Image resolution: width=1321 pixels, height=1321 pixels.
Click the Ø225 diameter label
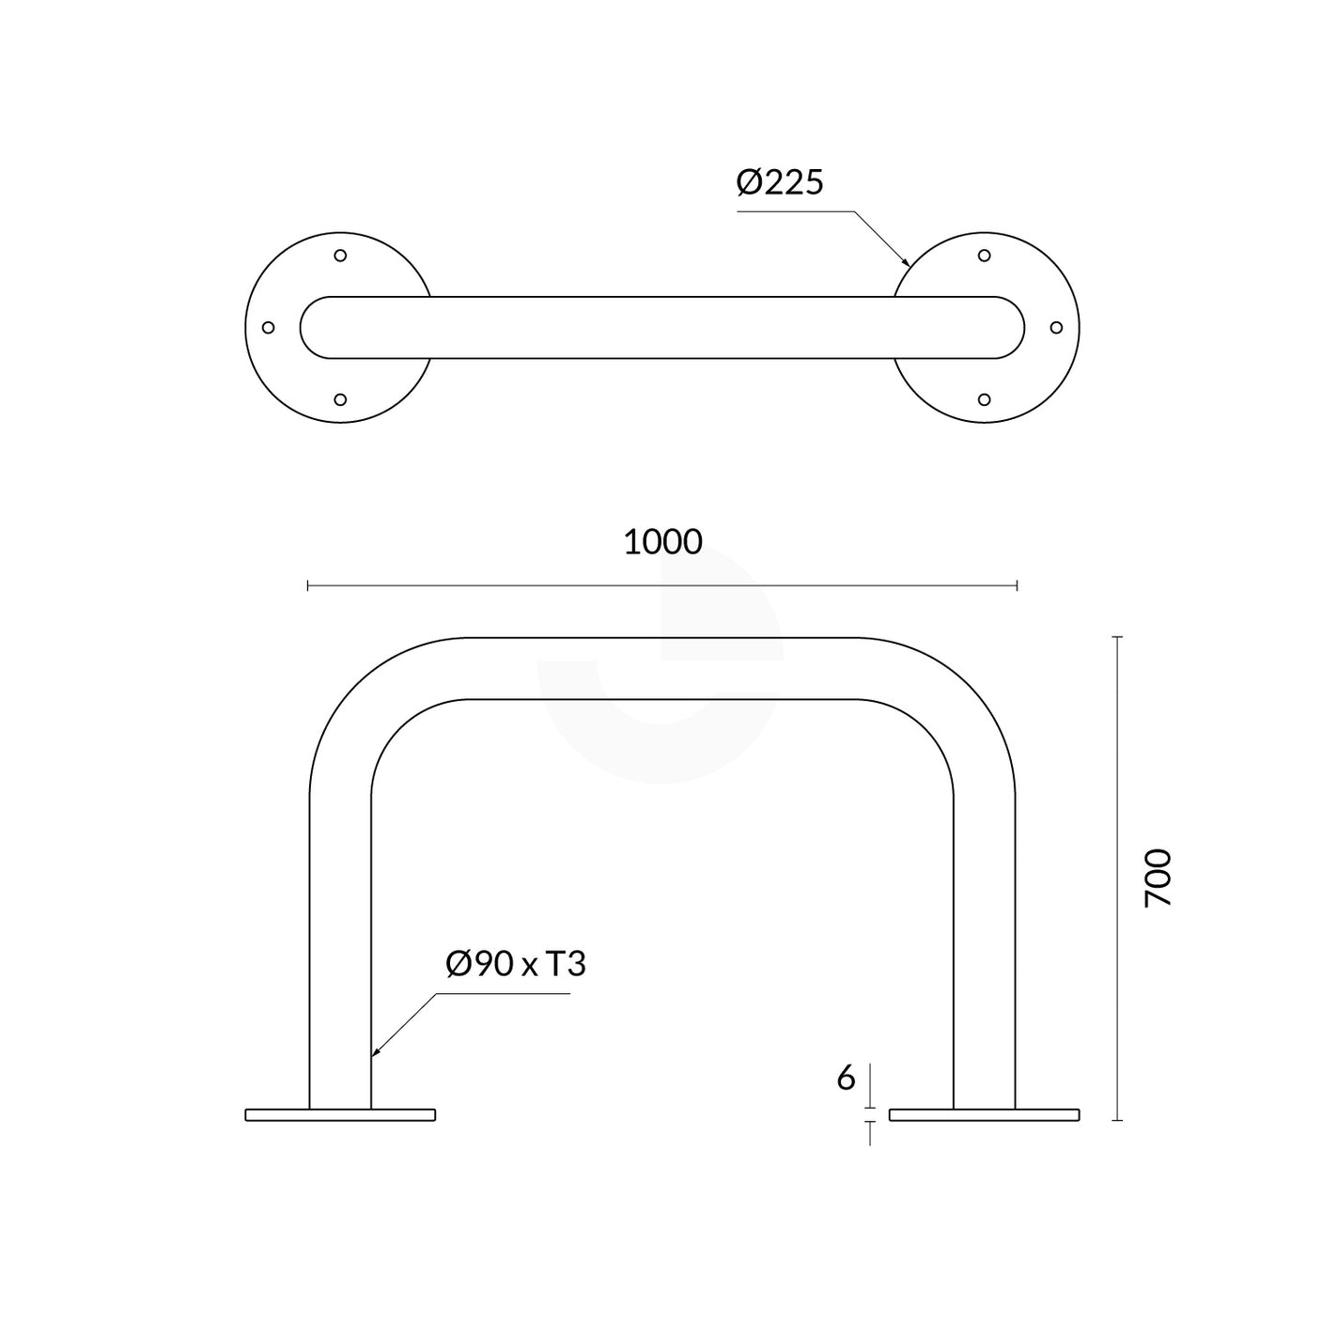point(779,182)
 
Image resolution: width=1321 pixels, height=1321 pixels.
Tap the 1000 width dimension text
point(662,542)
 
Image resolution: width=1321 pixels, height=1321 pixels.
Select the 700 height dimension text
point(1158,878)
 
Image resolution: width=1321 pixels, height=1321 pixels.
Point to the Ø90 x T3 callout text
point(516,964)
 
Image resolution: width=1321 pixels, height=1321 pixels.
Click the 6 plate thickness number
point(846,1079)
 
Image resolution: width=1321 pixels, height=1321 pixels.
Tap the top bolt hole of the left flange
point(340,256)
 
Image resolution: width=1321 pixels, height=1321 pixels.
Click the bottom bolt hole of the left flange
point(340,399)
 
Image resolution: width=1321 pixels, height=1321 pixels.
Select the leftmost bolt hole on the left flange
point(268,328)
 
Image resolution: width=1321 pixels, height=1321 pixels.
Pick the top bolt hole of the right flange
point(984,256)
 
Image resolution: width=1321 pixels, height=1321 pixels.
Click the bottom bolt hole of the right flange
point(984,399)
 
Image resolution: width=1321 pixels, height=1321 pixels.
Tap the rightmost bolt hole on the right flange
point(1055,328)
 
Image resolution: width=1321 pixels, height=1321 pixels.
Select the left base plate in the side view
point(340,1115)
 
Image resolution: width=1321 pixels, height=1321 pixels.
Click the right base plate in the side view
point(984,1115)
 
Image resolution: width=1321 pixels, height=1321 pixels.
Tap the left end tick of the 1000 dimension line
point(308,586)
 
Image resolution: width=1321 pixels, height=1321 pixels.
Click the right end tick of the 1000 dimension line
point(1017,586)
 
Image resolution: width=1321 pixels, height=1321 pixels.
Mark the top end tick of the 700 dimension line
point(1117,637)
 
